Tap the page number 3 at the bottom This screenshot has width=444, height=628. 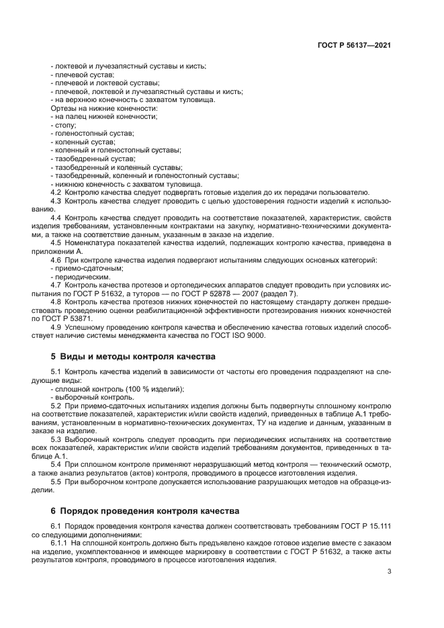coord(390,572)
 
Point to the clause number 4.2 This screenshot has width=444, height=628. coord(56,191)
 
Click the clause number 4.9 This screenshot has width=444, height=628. coord(56,328)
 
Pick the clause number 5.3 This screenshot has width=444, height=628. coord(56,438)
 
